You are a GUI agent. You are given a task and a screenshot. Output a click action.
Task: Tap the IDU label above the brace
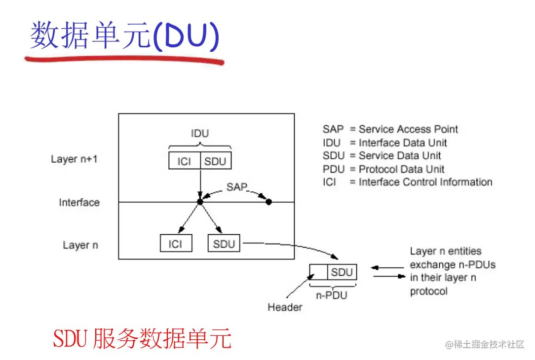pos(199,134)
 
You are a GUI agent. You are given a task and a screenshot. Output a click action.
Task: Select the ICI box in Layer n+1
pos(184,161)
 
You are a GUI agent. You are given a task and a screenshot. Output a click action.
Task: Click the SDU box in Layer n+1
pos(215,161)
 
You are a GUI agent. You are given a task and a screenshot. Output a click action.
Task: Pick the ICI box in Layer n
pos(176,244)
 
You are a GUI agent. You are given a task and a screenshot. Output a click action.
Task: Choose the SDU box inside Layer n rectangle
pos(224,244)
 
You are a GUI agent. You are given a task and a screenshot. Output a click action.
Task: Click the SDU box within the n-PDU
pos(342,272)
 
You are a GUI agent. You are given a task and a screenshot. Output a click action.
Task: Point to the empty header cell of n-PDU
pos(318,272)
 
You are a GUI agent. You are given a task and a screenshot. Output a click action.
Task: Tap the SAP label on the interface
pos(236,187)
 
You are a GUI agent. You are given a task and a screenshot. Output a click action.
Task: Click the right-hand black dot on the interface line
pos(269,202)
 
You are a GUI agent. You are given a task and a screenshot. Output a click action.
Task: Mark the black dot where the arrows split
pos(200,202)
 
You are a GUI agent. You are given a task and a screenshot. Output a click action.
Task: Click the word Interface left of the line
pos(79,203)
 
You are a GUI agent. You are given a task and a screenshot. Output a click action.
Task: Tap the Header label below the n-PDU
pos(285,307)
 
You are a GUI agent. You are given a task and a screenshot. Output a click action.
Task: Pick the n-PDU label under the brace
pos(332,295)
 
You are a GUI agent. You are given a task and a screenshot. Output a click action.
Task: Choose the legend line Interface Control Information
pos(407,182)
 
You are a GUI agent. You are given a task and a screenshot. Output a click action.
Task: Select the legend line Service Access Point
pos(390,129)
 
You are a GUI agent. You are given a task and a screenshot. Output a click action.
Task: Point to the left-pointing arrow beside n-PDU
pos(387,268)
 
